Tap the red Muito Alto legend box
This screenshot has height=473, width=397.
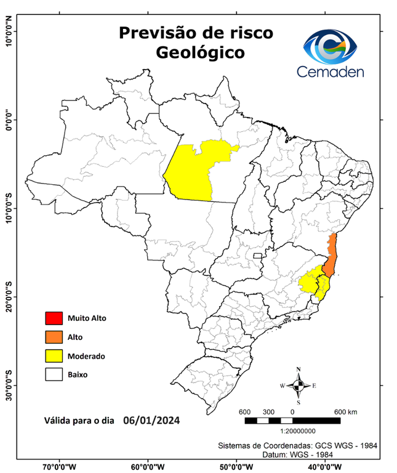pyautogui.click(x=54, y=318)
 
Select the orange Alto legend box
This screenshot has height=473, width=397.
pyautogui.click(x=54, y=337)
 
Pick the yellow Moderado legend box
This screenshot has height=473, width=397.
pyautogui.click(x=54, y=355)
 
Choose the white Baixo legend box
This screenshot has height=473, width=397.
pyautogui.click(x=54, y=374)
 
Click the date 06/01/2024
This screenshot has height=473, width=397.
pyautogui.click(x=151, y=421)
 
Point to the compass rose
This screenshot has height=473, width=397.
pyautogui.click(x=299, y=386)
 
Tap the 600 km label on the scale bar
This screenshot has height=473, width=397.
pyautogui.click(x=346, y=411)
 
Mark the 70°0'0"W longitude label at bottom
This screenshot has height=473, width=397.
pyautogui.click(x=60, y=467)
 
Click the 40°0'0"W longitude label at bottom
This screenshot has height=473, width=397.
pyautogui.click(x=326, y=467)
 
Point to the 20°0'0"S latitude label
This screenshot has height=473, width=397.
pyautogui.click(x=9, y=297)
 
